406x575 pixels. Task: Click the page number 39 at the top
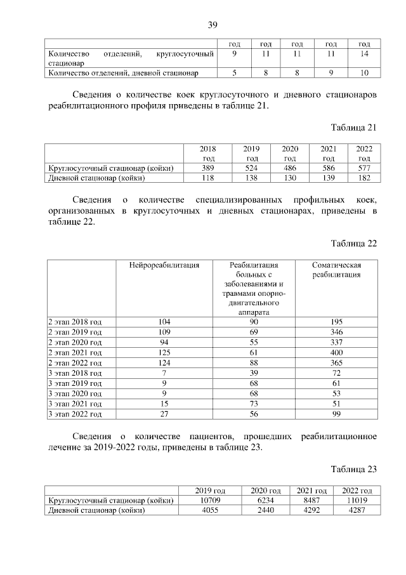pos(213,25)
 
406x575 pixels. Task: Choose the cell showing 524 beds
pos(252,168)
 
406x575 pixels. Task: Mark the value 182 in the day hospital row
pos(363,178)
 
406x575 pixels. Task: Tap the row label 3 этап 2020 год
pos(75,393)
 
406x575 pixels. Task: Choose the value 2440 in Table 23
pos(266,511)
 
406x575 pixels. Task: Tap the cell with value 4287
pos(357,511)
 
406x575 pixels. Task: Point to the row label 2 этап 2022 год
pos(75,362)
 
